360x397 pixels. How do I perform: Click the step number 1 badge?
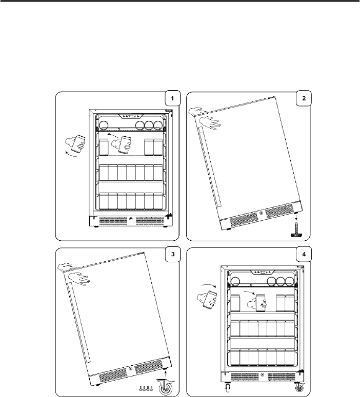[x=173, y=98]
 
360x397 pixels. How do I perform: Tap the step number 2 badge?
[x=304, y=98]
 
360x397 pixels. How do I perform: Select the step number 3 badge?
[x=173, y=254]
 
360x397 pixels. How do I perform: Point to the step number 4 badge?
[x=304, y=254]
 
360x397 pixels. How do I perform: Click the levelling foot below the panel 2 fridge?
[x=296, y=230]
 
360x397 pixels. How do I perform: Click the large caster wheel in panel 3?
[x=166, y=387]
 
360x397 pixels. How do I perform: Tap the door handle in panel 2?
[x=210, y=166]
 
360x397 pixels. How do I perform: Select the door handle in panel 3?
[x=78, y=323]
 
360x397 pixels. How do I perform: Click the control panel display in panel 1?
[x=131, y=116]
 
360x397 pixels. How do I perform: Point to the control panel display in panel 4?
[x=262, y=272]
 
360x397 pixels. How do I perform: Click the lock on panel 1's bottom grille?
[x=131, y=219]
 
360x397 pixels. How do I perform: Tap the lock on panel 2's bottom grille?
[x=261, y=213]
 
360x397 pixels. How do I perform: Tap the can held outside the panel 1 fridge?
[x=78, y=143]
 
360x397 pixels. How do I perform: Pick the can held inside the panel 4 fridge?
[x=261, y=303]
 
